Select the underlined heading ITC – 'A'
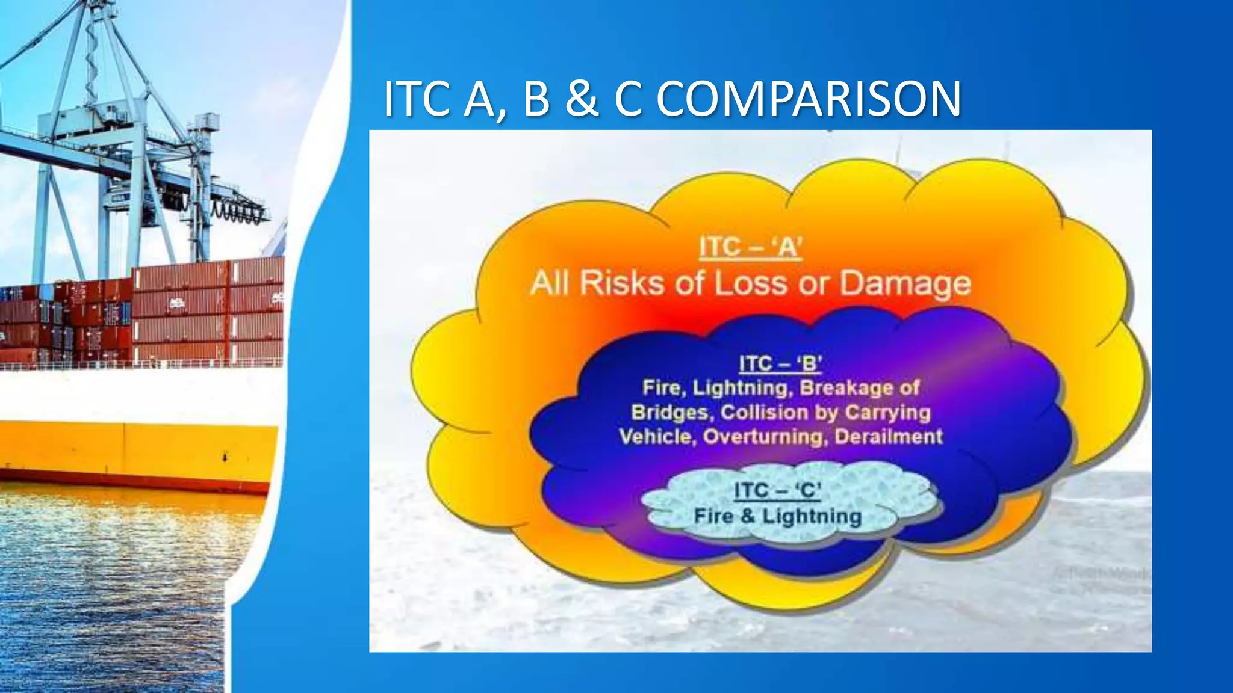751,247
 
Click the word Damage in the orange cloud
905,283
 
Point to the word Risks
621,283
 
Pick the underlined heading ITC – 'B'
780,364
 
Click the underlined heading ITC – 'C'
777,491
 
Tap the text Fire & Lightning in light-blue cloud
778,516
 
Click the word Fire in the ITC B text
662,388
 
